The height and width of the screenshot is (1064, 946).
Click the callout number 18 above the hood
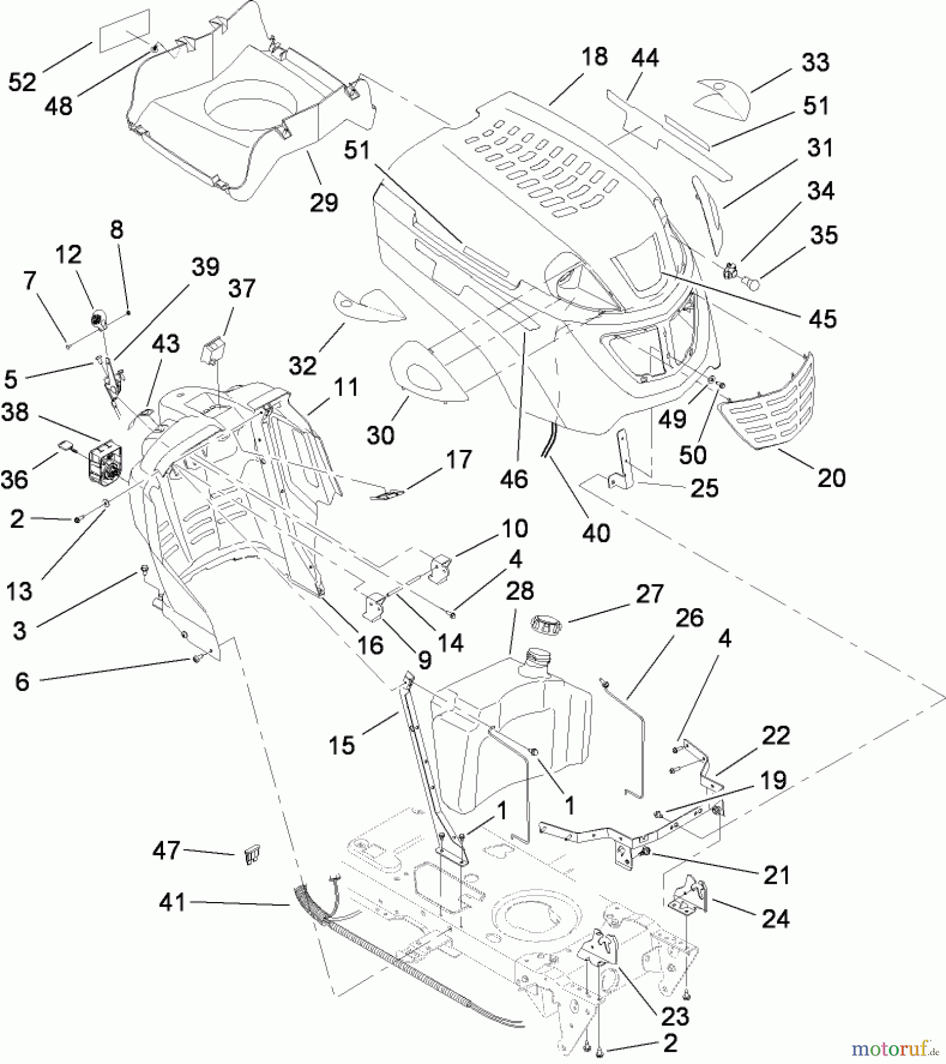pyautogui.click(x=594, y=57)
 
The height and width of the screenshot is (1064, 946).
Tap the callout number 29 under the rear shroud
pyautogui.click(x=324, y=202)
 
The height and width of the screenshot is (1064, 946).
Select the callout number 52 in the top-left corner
pyautogui.click(x=22, y=82)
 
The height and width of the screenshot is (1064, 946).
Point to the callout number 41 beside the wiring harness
pyautogui.click(x=172, y=903)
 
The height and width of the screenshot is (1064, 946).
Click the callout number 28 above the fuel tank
pyautogui.click(x=520, y=591)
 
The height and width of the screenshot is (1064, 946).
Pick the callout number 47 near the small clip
pyautogui.click(x=166, y=851)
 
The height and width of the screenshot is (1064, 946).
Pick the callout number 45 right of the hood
pyautogui.click(x=823, y=319)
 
